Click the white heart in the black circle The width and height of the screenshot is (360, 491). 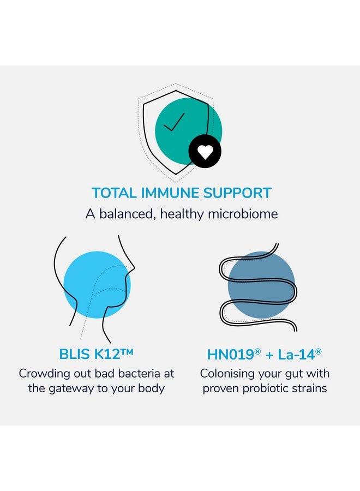tap(205, 152)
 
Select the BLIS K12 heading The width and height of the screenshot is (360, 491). tap(96, 354)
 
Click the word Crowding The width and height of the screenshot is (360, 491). tap(43, 374)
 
